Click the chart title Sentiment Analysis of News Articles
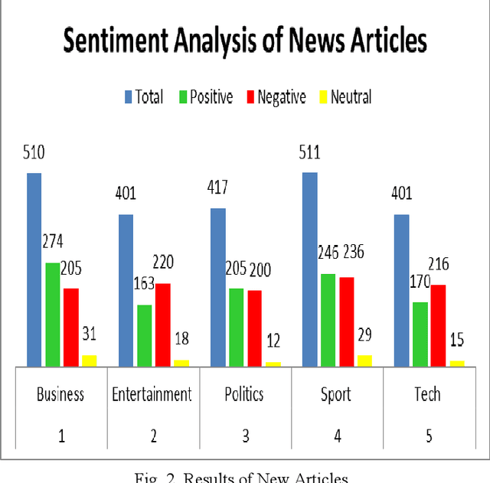pos(245,41)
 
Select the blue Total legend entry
pos(143,97)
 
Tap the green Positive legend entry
pos(204,97)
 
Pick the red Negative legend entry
pos(275,97)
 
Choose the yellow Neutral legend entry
pos(345,97)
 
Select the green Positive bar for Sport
pos(328,320)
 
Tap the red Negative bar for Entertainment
pos(163,325)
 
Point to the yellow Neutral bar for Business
pos(90,361)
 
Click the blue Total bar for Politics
pos(218,287)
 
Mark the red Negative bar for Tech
pos(438,325)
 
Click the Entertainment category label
pos(152,394)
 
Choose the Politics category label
pos(245,394)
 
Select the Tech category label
pos(428,394)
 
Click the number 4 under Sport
pos(337,436)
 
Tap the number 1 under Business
pos(61,436)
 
